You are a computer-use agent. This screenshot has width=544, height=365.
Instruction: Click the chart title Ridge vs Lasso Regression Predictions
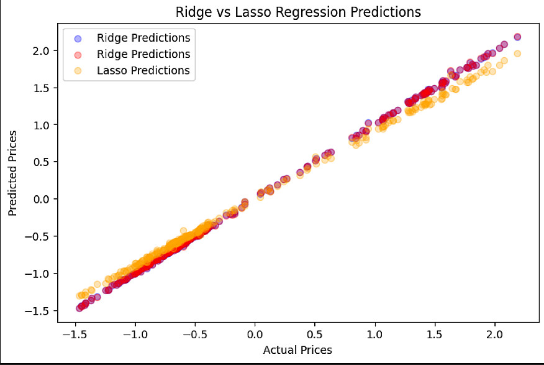(x=297, y=12)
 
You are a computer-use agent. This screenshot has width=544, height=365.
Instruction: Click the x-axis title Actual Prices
(x=297, y=349)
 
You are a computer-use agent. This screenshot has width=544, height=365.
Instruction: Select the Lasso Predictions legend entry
(x=143, y=70)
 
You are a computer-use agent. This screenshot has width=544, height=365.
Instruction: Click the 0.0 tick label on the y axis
(x=41, y=199)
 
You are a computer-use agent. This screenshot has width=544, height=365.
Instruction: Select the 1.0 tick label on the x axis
(x=374, y=335)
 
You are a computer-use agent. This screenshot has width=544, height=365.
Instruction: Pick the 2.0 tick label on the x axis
(x=495, y=335)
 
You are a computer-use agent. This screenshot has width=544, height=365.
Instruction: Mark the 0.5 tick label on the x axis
(x=315, y=335)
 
